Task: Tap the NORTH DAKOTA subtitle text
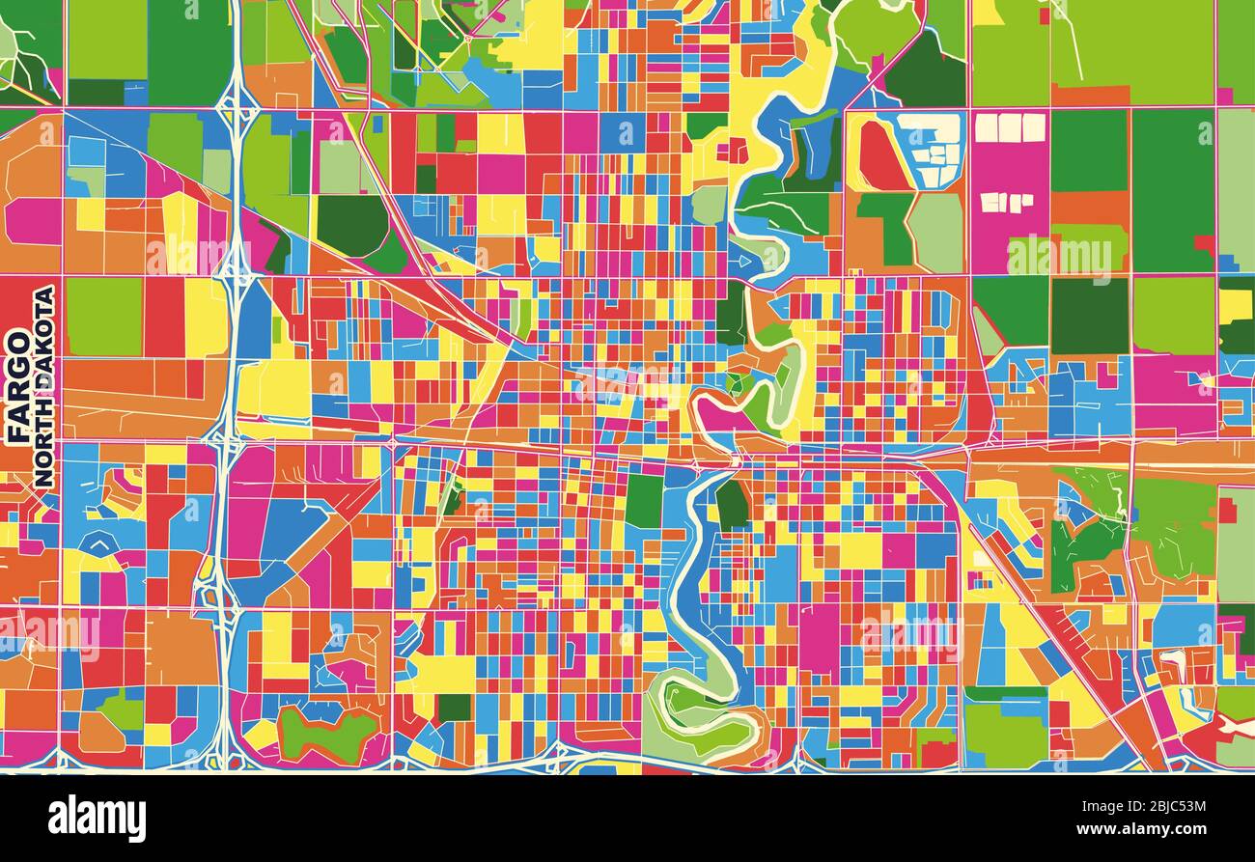43,386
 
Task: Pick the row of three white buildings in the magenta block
1009,127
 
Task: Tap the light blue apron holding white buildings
927,150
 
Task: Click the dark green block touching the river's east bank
732,504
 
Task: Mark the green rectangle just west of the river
644,501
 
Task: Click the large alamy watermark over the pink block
1059,256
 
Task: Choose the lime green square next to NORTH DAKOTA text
103,317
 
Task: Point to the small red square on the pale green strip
1226,510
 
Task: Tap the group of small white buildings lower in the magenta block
1006,202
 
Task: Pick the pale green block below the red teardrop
934,232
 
